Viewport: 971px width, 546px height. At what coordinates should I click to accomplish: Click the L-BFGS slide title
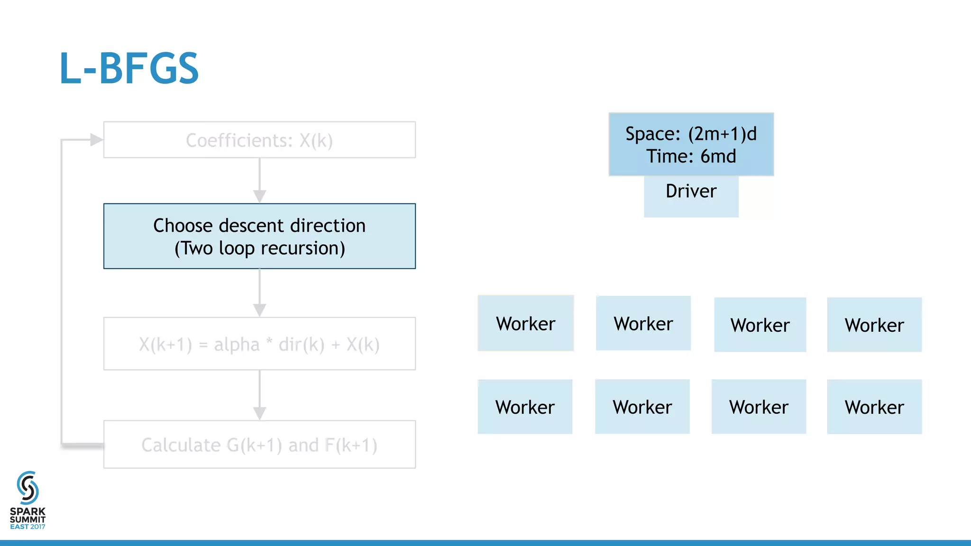pyautogui.click(x=129, y=69)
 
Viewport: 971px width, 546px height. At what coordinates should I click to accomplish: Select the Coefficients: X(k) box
pyautogui.click(x=259, y=140)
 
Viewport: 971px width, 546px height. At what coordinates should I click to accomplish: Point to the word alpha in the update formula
pyautogui.click(x=237, y=345)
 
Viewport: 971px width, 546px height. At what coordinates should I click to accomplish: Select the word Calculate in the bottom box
pyautogui.click(x=181, y=446)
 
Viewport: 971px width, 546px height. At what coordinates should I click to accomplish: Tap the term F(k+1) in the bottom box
pyautogui.click(x=351, y=446)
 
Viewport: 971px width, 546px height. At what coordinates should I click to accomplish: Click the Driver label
pyautogui.click(x=691, y=191)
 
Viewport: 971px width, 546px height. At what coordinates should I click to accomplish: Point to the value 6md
pyautogui.click(x=718, y=156)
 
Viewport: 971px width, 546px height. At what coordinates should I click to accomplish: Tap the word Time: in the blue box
pyautogui.click(x=669, y=156)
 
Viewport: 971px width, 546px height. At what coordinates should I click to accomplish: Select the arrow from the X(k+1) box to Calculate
pyautogui.click(x=259, y=395)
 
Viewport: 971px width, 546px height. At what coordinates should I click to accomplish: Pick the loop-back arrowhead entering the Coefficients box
pyautogui.click(x=96, y=140)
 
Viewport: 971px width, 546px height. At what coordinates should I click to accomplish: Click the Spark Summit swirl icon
pyautogui.click(x=27, y=488)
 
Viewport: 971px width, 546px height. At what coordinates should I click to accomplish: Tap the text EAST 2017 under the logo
pyautogui.click(x=27, y=527)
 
